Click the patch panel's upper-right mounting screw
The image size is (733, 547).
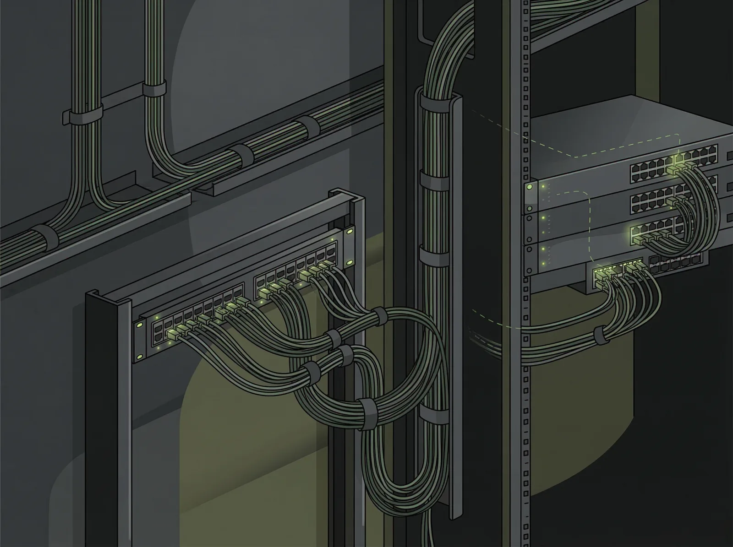click(350, 232)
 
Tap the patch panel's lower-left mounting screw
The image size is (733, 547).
click(139, 325)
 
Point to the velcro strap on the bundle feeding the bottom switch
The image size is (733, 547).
click(600, 336)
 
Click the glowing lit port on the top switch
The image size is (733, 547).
click(677, 160)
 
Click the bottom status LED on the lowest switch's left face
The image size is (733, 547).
click(543, 263)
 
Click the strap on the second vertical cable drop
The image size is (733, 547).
click(154, 89)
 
